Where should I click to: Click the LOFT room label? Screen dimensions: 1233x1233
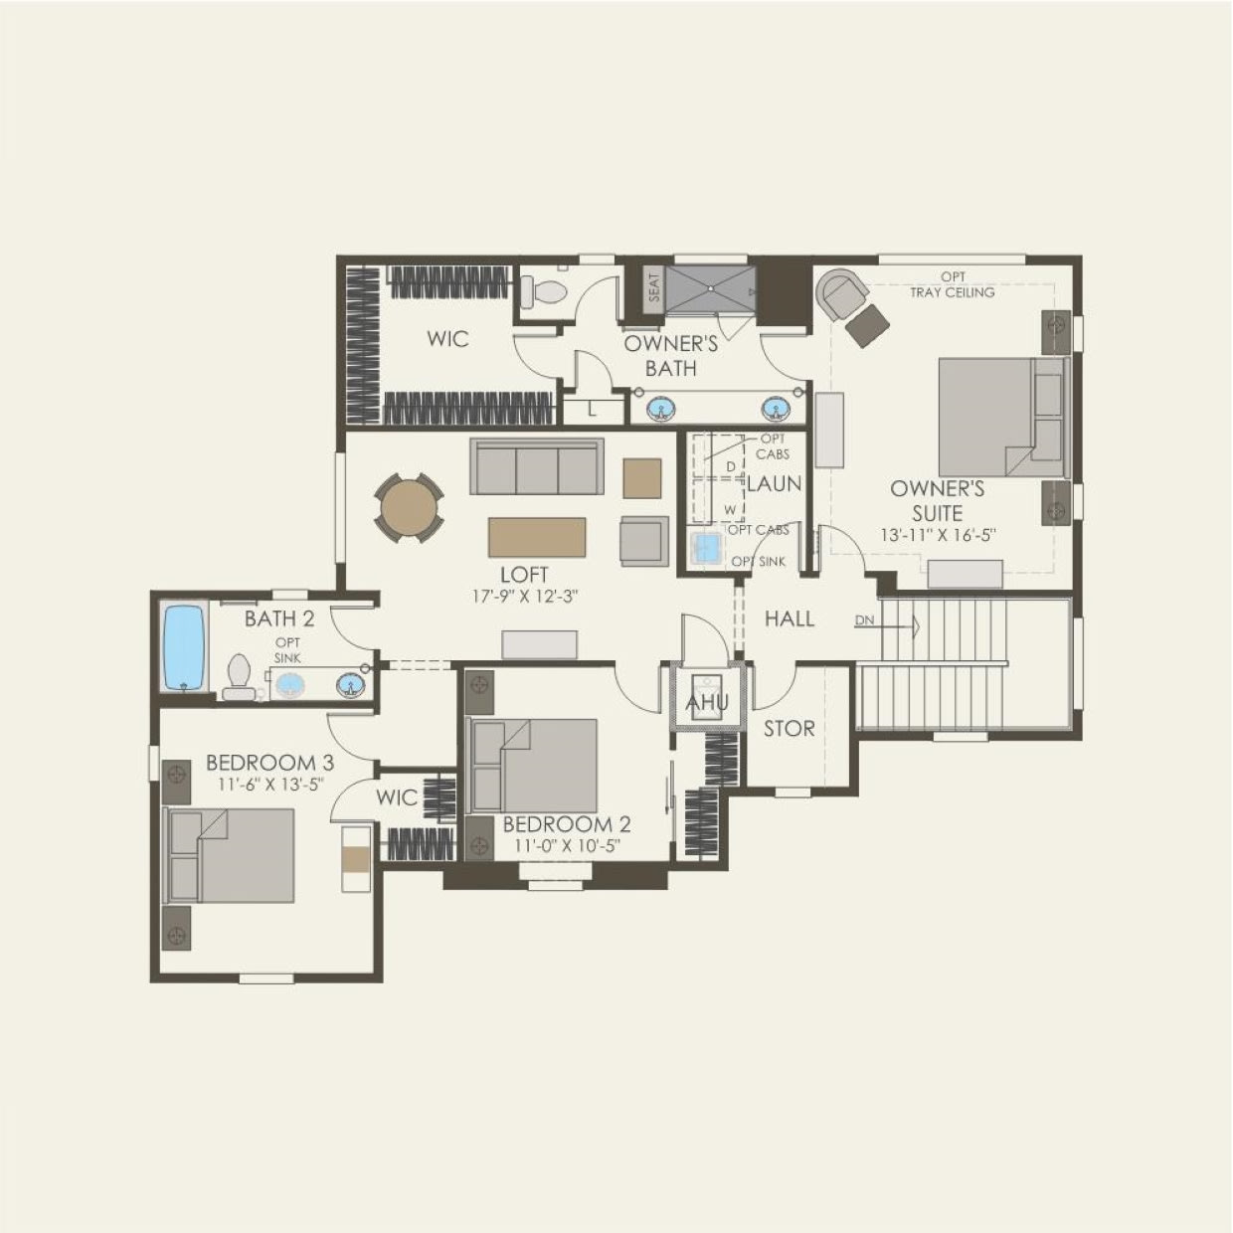(524, 575)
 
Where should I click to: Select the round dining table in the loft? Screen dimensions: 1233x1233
(409, 509)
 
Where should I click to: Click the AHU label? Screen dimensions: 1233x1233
(707, 703)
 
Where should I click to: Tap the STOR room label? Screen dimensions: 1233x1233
(789, 729)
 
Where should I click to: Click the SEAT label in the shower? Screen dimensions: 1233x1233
(653, 287)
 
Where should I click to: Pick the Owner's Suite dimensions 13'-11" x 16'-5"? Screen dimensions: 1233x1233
(938, 535)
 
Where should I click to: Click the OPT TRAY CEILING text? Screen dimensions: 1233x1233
(952, 284)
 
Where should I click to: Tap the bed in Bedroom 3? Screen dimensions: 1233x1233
(231, 855)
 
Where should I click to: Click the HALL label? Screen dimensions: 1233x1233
(790, 618)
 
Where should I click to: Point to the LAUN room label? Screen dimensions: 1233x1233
(774, 485)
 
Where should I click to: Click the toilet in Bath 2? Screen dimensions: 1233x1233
(238, 676)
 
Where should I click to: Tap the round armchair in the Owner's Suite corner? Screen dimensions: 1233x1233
(842, 295)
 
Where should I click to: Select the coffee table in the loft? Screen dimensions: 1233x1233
(537, 537)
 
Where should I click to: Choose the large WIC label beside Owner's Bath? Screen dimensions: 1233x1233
(447, 339)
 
